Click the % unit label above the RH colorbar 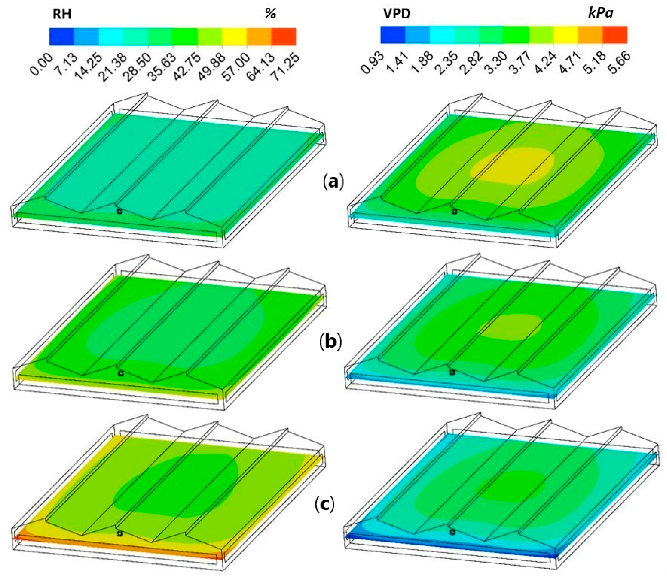[270, 14]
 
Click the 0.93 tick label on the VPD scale [373, 63]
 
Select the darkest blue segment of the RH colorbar [62, 36]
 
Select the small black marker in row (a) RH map [120, 211]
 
